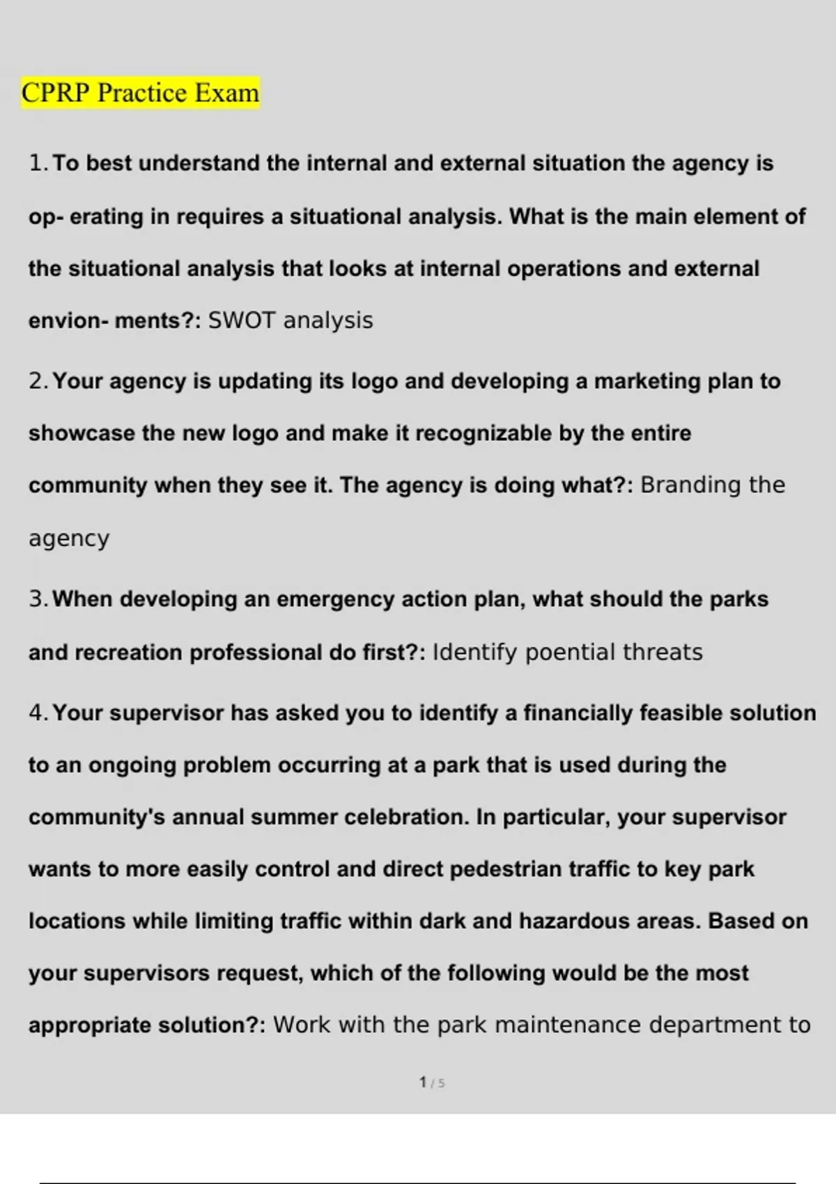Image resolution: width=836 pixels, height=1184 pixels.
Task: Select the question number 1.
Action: (37, 164)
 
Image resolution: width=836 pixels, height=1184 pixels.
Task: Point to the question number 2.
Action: (38, 382)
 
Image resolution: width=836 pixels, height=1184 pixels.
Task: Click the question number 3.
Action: (38, 600)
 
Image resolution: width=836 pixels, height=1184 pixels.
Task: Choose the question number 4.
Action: (38, 713)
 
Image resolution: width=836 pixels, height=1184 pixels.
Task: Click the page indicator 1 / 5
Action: (432, 1082)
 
